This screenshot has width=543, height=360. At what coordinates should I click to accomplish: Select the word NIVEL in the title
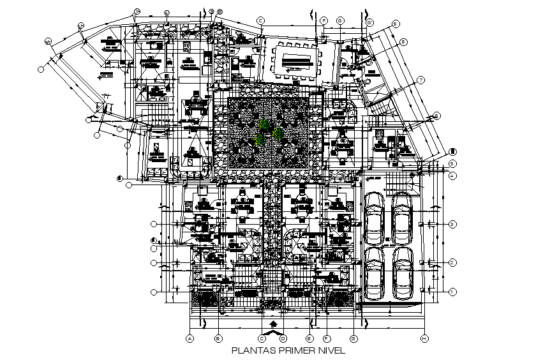(x=330, y=350)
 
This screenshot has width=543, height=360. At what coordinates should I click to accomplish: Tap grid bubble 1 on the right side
(x=452, y=291)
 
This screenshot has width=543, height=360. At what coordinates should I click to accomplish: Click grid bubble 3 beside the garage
(x=452, y=224)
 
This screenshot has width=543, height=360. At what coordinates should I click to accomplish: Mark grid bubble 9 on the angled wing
(x=396, y=24)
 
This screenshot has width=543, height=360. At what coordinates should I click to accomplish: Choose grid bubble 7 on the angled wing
(x=421, y=80)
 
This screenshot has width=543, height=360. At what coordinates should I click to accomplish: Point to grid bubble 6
(x=436, y=116)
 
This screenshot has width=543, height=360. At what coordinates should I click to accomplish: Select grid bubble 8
(x=403, y=41)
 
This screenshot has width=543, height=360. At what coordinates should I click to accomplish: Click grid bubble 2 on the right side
(x=452, y=262)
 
